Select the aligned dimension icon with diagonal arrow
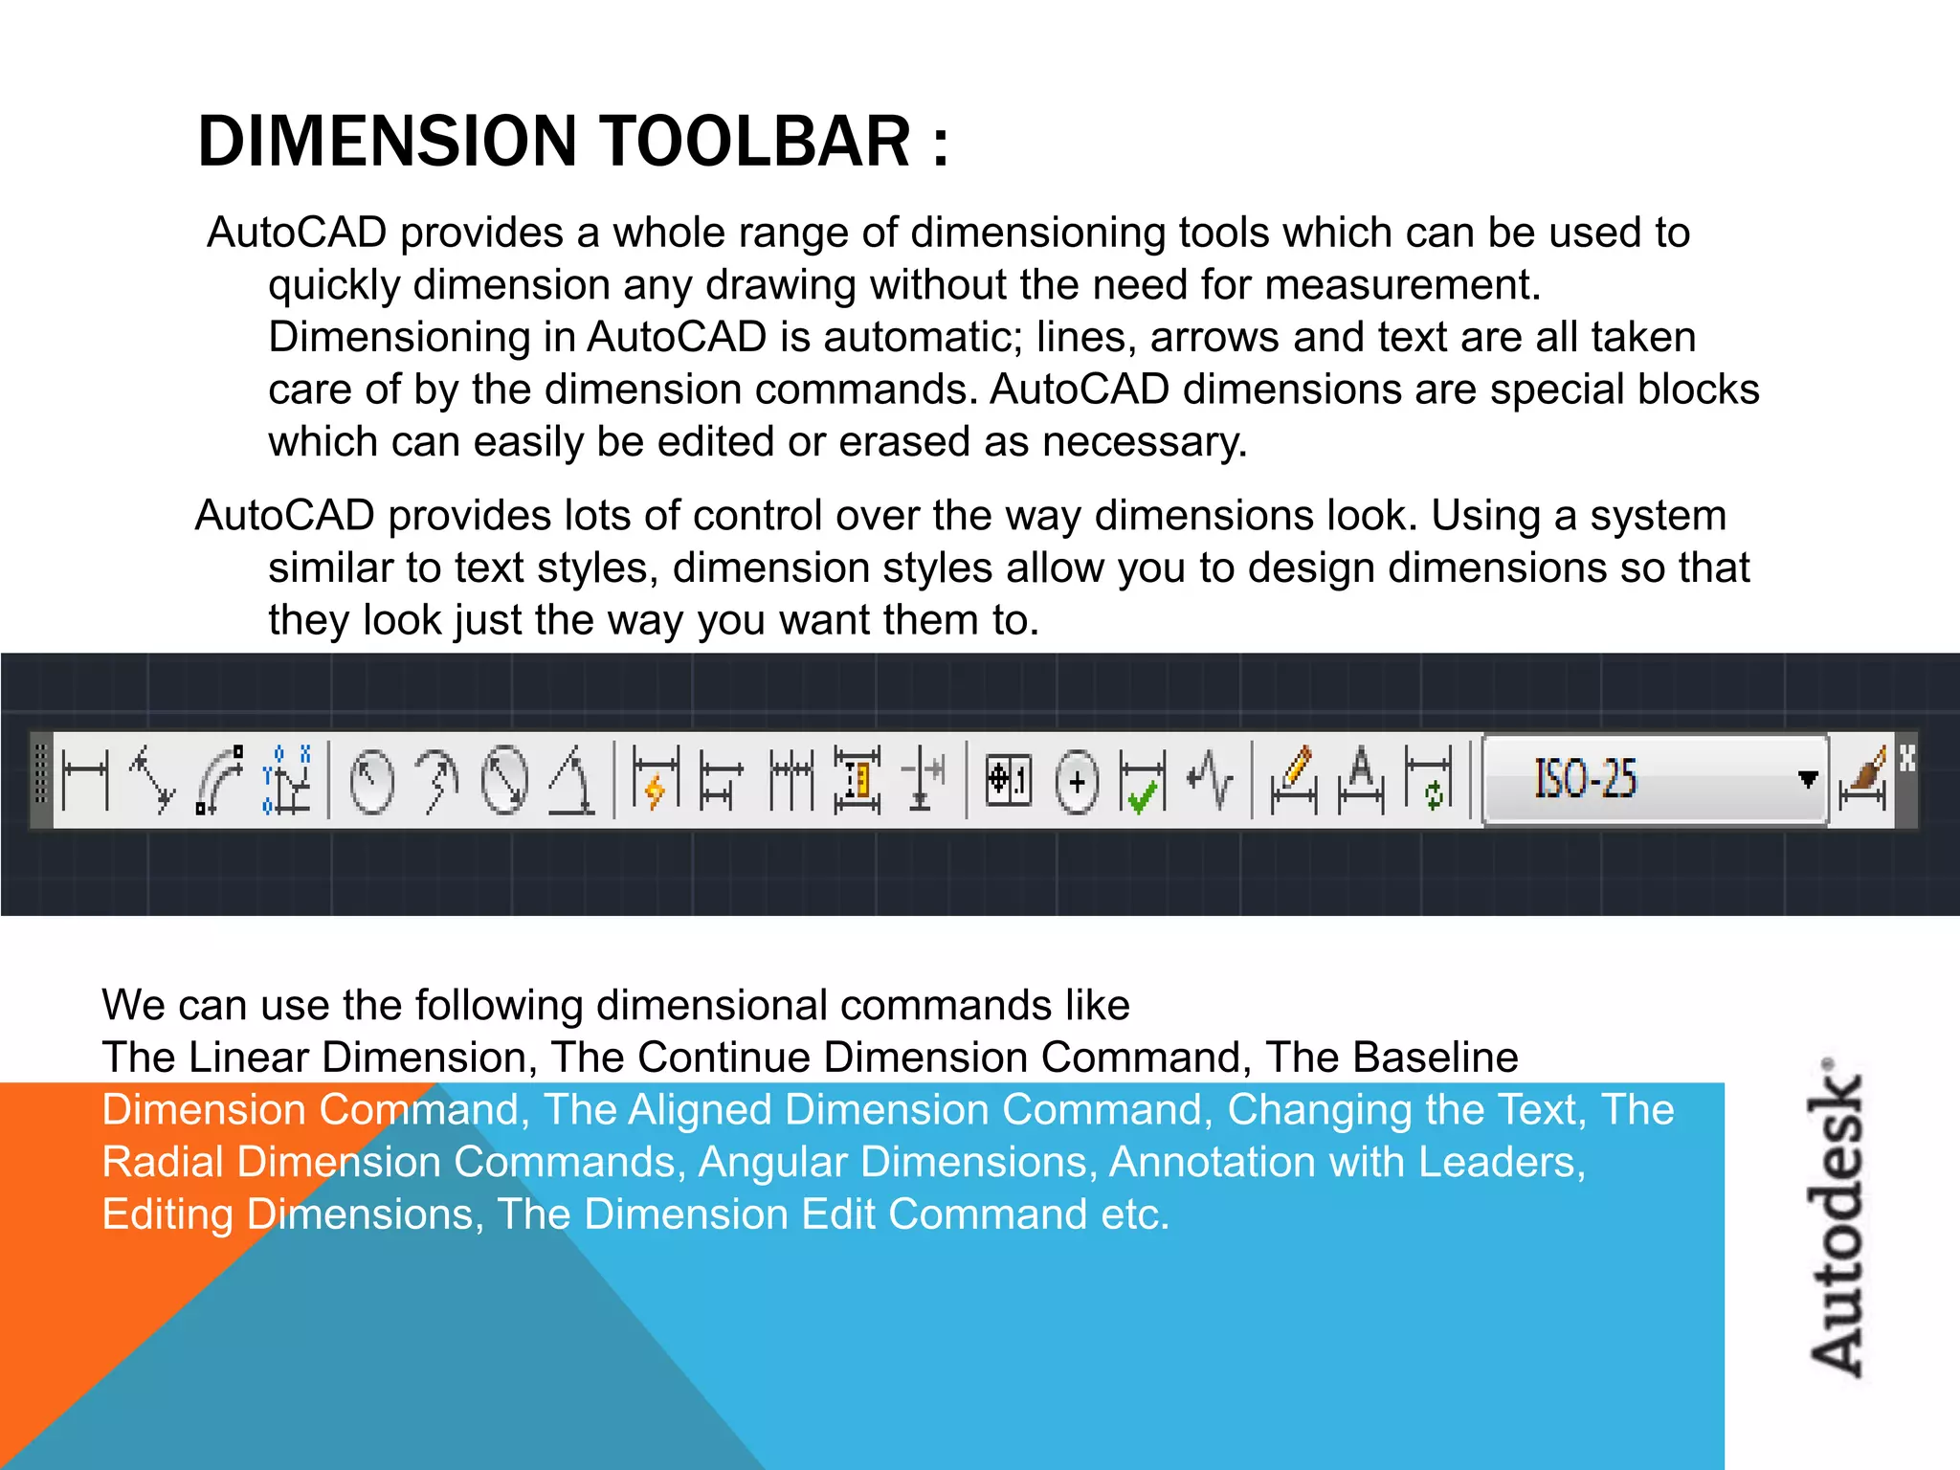[153, 780]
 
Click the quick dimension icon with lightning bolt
[656, 780]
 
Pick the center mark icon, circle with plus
[1077, 782]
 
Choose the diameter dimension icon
[504, 780]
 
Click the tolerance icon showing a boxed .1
[1009, 780]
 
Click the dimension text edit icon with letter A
[1361, 780]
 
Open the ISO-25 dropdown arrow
[1807, 779]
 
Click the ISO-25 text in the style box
[1586, 779]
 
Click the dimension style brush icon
[1862, 780]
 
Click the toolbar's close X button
[1907, 758]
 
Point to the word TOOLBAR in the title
[755, 142]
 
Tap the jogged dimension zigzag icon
[1210, 780]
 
